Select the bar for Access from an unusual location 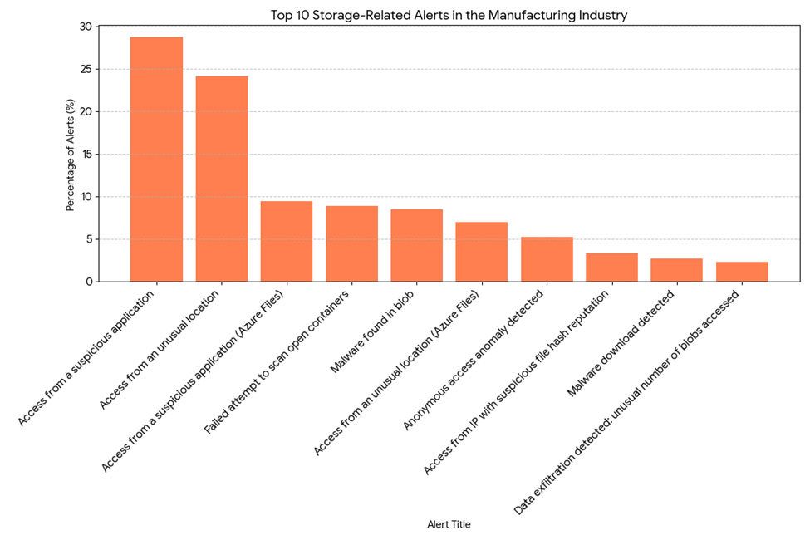click(x=221, y=179)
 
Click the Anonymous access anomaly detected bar click(x=547, y=259)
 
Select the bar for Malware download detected click(x=676, y=270)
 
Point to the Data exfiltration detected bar click(x=742, y=272)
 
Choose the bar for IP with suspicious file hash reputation click(x=611, y=268)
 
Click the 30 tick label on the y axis click(x=86, y=27)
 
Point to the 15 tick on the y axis click(x=86, y=155)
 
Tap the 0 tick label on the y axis click(x=90, y=282)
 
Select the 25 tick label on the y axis click(x=86, y=69)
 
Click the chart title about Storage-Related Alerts click(x=449, y=14)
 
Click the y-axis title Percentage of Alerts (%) click(x=71, y=155)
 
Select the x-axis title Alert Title click(x=449, y=524)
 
